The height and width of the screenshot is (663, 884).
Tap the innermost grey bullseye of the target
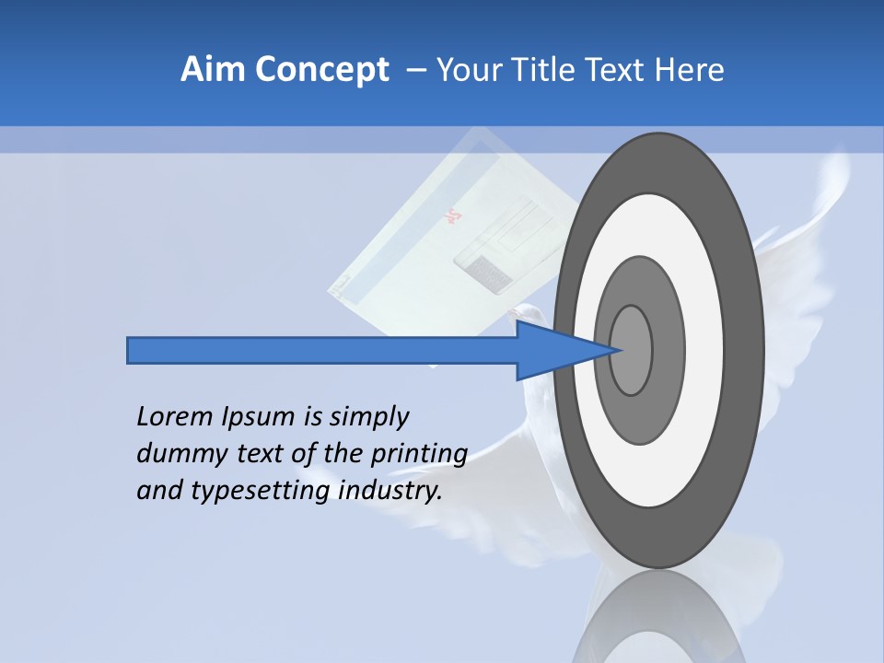point(631,350)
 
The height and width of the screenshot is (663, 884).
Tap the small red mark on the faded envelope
point(452,217)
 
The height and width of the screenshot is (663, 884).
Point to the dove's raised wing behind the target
point(810,230)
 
